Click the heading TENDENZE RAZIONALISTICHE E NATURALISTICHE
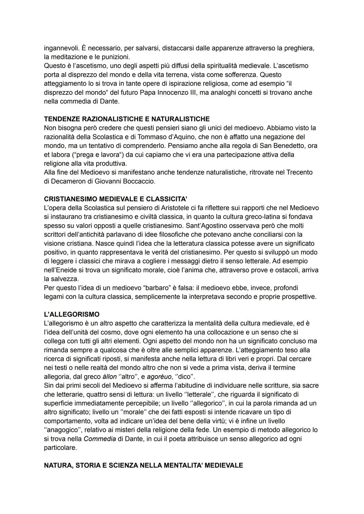(x=127, y=119)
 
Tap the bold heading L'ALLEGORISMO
(x=72, y=314)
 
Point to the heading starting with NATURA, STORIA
(x=143, y=465)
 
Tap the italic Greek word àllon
(x=109, y=376)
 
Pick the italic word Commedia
(x=100, y=439)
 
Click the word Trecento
(x=299, y=172)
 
